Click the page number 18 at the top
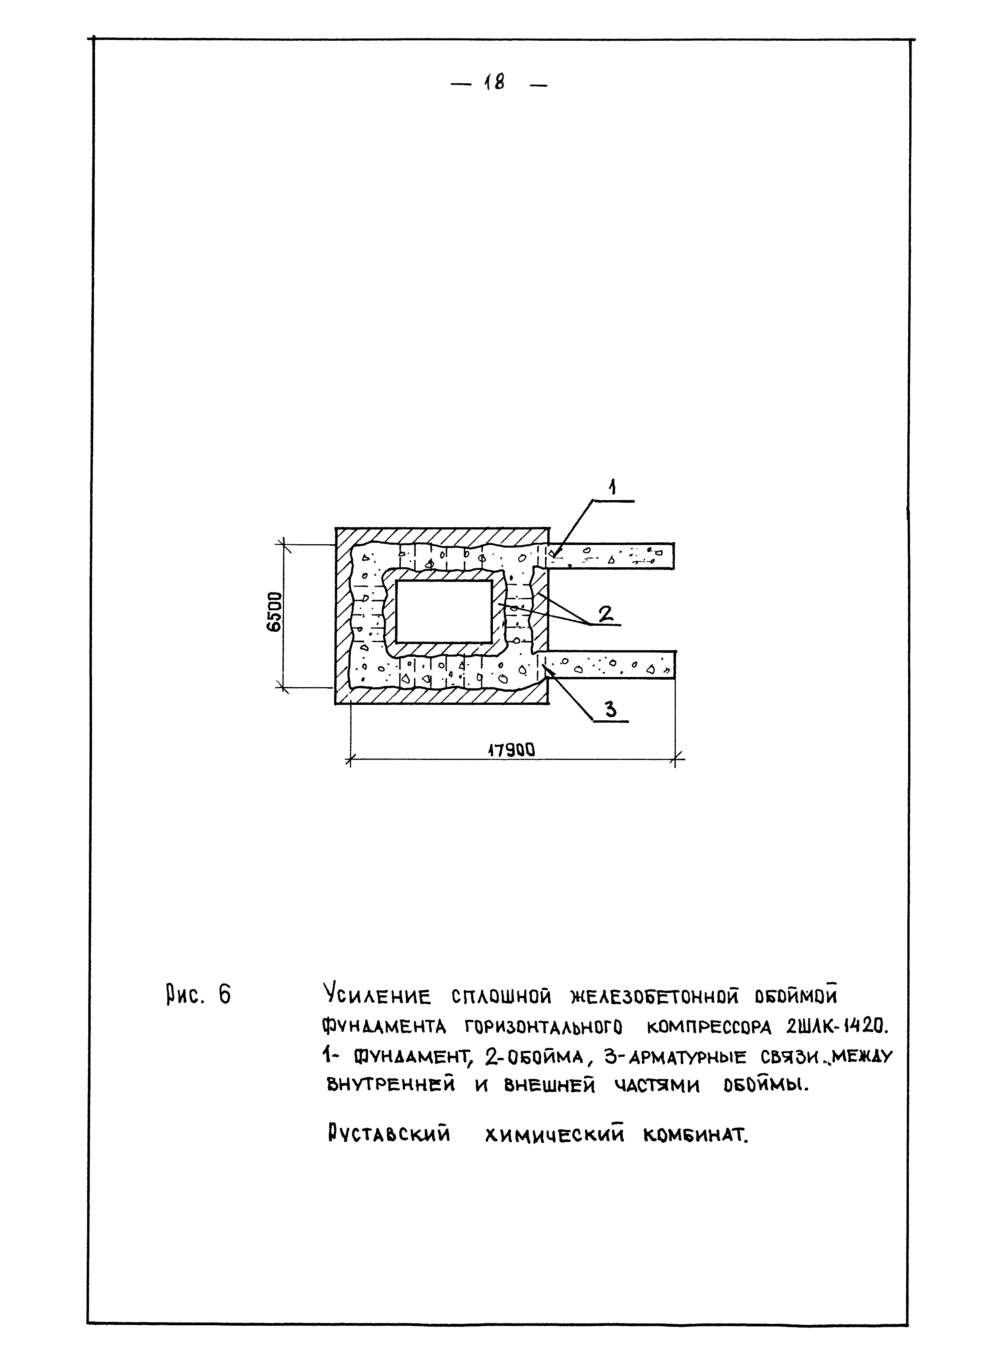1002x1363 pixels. [x=494, y=83]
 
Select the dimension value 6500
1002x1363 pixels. [x=275, y=612]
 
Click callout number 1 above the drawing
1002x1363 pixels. [x=612, y=487]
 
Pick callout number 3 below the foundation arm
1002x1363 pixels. [x=610, y=709]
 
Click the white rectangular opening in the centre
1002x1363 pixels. [x=443, y=611]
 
